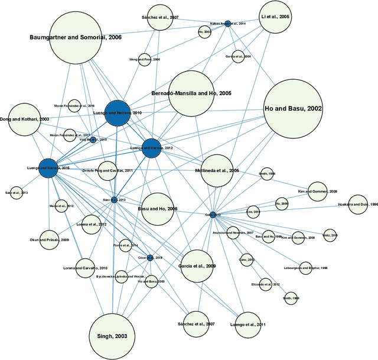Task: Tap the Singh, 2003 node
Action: pos(112,336)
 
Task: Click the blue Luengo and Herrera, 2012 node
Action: pos(152,148)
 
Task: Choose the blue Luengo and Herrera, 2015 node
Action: pos(48,168)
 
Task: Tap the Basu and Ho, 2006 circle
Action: pos(158,209)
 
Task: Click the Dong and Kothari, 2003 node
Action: pos(24,119)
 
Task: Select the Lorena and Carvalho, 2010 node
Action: pos(85,268)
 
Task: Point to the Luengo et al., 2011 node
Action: pos(249,324)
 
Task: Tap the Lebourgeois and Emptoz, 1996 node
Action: pos(306,268)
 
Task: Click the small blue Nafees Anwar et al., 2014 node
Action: pos(227,24)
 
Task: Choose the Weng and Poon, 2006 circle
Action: pos(145,59)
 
